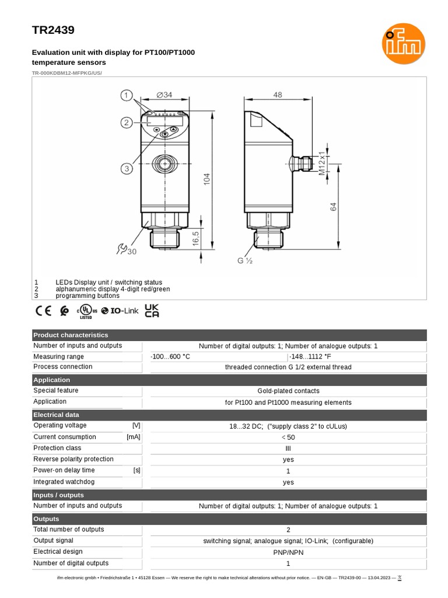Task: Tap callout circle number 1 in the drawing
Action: pyautogui.click(x=127, y=95)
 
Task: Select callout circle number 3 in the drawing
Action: pyautogui.click(x=127, y=169)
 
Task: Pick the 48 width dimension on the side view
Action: pyautogui.click(x=277, y=95)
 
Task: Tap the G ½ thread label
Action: pyautogui.click(x=244, y=261)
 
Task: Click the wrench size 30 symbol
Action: pyautogui.click(x=127, y=249)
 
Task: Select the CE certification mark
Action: pyautogui.click(x=44, y=311)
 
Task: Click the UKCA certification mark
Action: pyautogui.click(x=152, y=311)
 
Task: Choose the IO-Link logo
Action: pyautogui.click(x=120, y=311)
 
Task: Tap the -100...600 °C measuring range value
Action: pyautogui.click(x=170, y=356)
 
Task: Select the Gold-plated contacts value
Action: pyautogui.click(x=288, y=391)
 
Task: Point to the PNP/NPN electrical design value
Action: pyautogui.click(x=288, y=552)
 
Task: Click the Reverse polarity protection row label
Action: pyautogui.click(x=73, y=459)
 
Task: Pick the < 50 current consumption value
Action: pyautogui.click(x=288, y=437)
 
